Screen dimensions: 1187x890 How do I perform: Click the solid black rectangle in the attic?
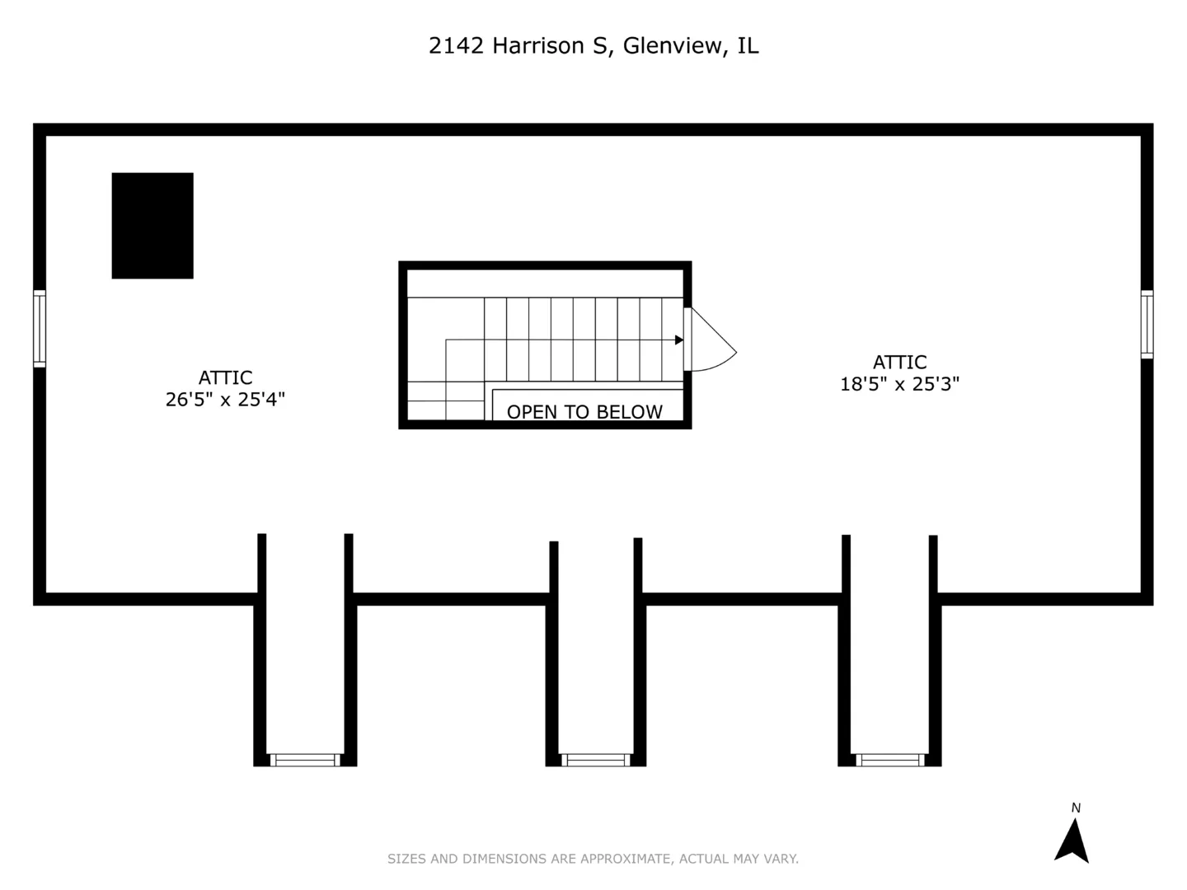pyautogui.click(x=152, y=226)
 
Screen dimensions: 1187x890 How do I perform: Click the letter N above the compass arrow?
pyautogui.click(x=1076, y=808)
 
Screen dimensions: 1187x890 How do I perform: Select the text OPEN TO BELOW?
pyautogui.click(x=584, y=412)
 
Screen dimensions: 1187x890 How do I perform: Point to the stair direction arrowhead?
pyautogui.click(x=679, y=340)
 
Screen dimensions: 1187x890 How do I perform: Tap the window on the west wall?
pyautogui.click(x=40, y=329)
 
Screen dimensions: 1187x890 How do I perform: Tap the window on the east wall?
pyautogui.click(x=1147, y=324)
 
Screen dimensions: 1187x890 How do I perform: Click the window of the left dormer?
pyautogui.click(x=305, y=760)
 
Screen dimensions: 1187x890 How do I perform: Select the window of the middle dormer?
pyautogui.click(x=595, y=760)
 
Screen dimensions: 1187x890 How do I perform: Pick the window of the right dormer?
pyautogui.click(x=890, y=760)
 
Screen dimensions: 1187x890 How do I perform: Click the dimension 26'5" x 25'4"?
pyautogui.click(x=225, y=400)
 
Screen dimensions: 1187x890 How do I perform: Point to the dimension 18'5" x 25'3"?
pyautogui.click(x=899, y=384)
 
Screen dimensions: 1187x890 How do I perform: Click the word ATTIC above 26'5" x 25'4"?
pyautogui.click(x=226, y=377)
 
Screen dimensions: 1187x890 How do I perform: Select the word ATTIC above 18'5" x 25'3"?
pyautogui.click(x=900, y=362)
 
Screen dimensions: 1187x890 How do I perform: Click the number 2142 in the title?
pyautogui.click(x=456, y=46)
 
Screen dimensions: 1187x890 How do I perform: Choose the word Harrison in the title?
pyautogui.click(x=538, y=46)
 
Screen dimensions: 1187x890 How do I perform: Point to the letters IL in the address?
pyautogui.click(x=748, y=46)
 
